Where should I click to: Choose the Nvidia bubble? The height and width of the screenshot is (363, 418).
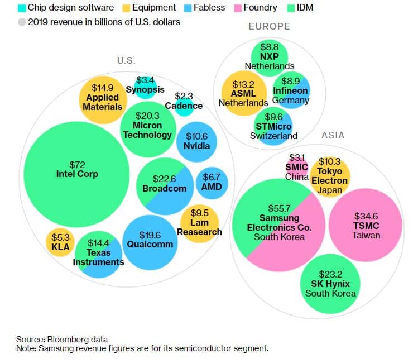196,141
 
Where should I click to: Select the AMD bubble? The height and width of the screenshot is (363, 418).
212,182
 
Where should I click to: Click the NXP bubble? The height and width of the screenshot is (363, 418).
270,56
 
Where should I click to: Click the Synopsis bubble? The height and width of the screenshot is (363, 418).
145,85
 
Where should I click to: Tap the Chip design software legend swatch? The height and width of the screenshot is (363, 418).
22,8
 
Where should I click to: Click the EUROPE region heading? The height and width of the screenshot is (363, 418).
270,26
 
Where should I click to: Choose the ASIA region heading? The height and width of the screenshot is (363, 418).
333,135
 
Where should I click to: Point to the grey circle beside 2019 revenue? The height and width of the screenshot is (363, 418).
22,22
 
